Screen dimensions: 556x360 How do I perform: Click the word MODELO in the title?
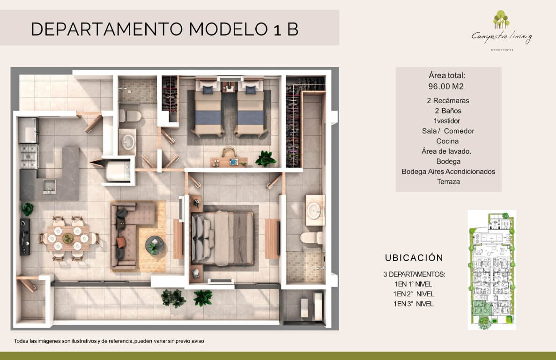pyautogui.click(x=229, y=29)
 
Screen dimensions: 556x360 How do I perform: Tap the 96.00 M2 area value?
pyautogui.click(x=446, y=87)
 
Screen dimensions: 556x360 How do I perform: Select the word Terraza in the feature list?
pyautogui.click(x=448, y=181)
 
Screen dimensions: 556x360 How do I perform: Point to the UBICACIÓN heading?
pyautogui.click(x=414, y=257)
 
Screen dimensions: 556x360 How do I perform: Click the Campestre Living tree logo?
pyautogui.click(x=501, y=20)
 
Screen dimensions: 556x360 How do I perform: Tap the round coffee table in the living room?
pyautogui.click(x=155, y=245)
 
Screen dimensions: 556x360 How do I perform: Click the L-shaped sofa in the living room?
pyautogui.click(x=128, y=234)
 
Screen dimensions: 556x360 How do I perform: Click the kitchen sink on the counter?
pyautogui.click(x=49, y=187)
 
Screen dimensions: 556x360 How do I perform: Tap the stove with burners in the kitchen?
pyautogui.click(x=29, y=156)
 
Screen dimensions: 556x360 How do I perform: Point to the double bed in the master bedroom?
pyautogui.click(x=222, y=238)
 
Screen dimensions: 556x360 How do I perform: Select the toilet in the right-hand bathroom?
pyautogui.click(x=311, y=238)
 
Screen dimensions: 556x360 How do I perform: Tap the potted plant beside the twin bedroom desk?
pyautogui.click(x=266, y=158)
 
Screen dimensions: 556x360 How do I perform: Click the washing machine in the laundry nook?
pyautogui.click(x=118, y=171)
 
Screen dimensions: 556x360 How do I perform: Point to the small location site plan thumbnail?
pyautogui.click(x=492, y=270)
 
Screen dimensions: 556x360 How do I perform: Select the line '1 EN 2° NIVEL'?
pyautogui.click(x=414, y=294)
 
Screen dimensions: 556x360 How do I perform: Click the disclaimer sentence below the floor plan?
pyautogui.click(x=109, y=341)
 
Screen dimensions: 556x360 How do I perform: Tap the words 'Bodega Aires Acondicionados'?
pyautogui.click(x=448, y=172)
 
